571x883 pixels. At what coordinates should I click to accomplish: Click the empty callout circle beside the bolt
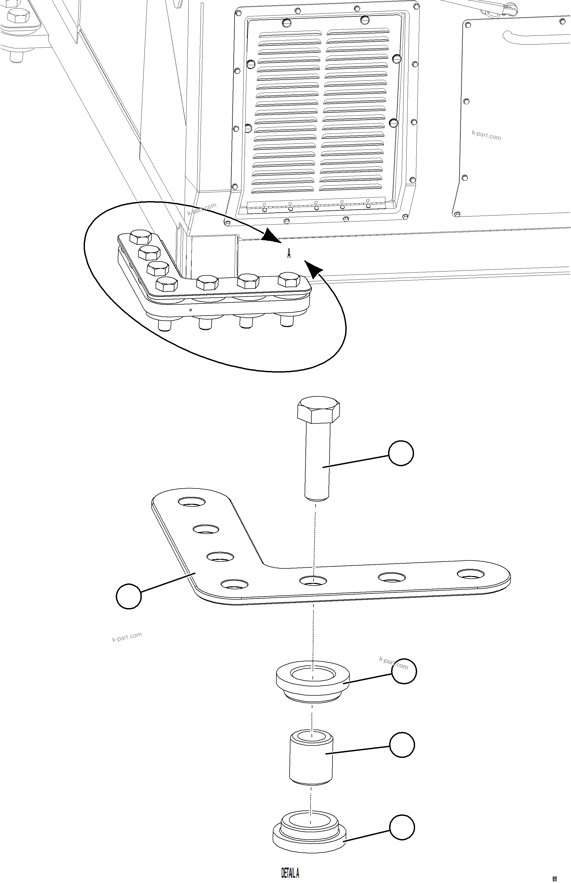coord(401,453)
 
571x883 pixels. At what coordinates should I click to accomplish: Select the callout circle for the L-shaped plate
coord(129,596)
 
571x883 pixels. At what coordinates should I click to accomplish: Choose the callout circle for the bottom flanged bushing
coord(402,827)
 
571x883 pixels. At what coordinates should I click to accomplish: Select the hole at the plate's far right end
coord(470,574)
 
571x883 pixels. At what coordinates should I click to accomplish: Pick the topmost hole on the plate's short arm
coord(192,502)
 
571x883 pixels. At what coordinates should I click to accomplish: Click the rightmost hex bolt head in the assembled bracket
coord(289,279)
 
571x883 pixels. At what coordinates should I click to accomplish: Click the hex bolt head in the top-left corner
coord(18,17)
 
